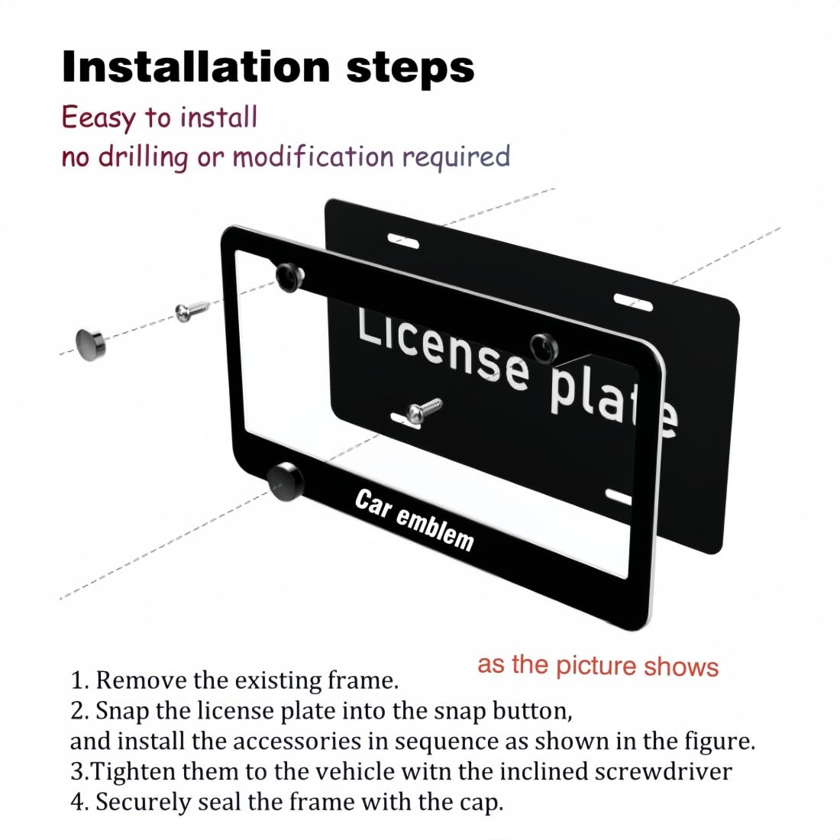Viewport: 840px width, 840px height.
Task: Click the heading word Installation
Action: pos(196,67)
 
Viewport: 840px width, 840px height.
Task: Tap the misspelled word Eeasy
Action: pos(99,118)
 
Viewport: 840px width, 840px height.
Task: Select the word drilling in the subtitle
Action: pos(143,157)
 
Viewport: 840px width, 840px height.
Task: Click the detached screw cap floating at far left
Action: pos(91,344)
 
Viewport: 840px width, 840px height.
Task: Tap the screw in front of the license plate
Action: pos(424,410)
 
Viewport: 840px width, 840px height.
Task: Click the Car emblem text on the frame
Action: pos(414,519)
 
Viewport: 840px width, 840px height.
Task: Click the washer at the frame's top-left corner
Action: pos(290,277)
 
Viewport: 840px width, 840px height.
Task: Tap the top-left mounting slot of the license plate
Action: pos(403,241)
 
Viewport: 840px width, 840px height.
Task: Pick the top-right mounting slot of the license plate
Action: pos(633,302)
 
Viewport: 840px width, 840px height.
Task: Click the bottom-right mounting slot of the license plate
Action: pos(619,496)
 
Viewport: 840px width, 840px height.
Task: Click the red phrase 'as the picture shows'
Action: pos(598,665)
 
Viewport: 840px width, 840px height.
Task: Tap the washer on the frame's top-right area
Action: pos(544,347)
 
